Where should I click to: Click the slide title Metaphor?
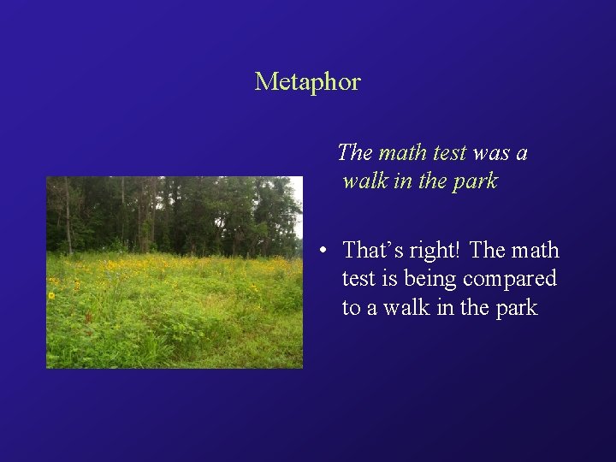307,82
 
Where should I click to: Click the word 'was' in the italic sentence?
490,153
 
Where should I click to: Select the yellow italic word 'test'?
449,153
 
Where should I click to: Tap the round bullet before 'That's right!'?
321,252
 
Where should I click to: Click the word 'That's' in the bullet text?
370,251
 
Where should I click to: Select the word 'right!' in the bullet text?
435,251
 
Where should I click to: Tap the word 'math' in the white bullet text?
536,251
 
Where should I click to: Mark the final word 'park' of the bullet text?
515,308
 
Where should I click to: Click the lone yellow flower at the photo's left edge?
51,296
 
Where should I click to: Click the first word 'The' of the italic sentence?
354,153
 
